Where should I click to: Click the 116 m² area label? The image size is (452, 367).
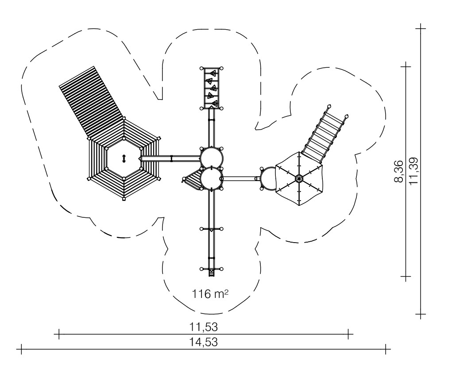pos(210,294)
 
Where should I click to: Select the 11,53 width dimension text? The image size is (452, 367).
pos(204,327)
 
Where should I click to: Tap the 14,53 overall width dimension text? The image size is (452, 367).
pos(204,342)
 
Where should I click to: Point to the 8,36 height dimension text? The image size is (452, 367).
pos(399,171)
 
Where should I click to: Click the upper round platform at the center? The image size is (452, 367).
pos(212,158)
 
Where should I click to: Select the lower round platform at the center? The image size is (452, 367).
pos(212,178)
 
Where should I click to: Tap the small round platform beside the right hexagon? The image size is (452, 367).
pos(269,179)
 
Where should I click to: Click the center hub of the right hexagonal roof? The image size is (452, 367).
pos(299,179)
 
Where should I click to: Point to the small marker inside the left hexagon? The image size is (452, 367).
pos(124,158)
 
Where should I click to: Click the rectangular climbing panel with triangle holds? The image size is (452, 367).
pos(211,88)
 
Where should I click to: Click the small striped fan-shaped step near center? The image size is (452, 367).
pos(192,180)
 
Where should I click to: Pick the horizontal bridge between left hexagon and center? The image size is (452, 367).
pos(170,158)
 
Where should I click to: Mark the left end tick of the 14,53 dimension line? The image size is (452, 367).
pos(21,349)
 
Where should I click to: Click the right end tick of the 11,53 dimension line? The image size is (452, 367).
pos(348,334)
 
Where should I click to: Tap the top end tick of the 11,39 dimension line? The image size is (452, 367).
pos(421,28)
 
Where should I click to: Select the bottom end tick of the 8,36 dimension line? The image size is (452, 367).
pos(406,276)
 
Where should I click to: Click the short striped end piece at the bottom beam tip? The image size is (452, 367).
pos(212,273)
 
